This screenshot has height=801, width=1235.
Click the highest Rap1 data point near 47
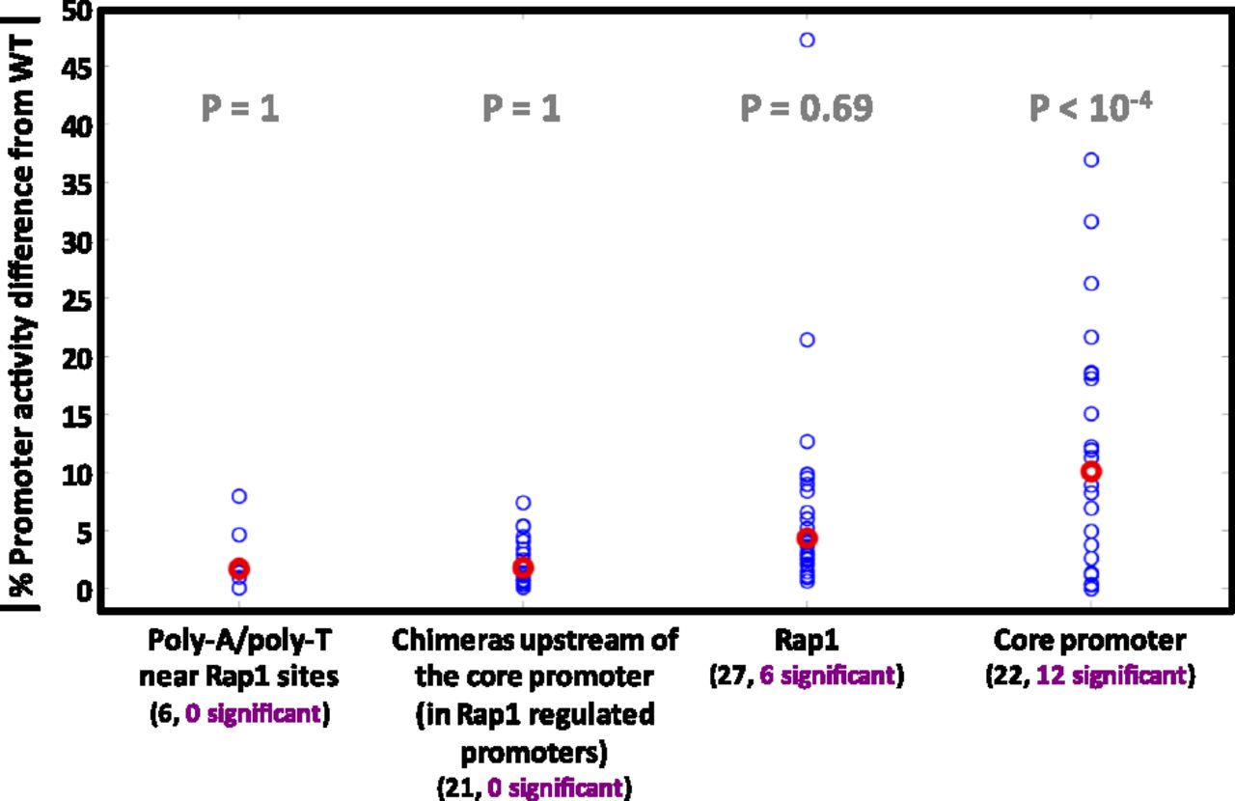pyautogui.click(x=807, y=40)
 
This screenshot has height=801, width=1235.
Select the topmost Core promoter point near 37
pyautogui.click(x=1091, y=160)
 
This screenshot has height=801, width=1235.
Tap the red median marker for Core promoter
pyautogui.click(x=1091, y=471)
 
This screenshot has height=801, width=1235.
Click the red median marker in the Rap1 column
pyautogui.click(x=807, y=538)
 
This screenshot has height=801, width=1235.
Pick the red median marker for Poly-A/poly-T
pyautogui.click(x=239, y=568)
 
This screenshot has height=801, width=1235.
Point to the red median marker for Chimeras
pyautogui.click(x=523, y=567)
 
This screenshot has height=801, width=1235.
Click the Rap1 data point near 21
pyautogui.click(x=807, y=340)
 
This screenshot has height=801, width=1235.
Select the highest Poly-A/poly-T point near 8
pyautogui.click(x=239, y=496)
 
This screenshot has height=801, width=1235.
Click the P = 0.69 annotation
pyautogui.click(x=807, y=109)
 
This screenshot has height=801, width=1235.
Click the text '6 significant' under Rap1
pyautogui.click(x=829, y=675)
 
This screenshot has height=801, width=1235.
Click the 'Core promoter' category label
pyautogui.click(x=1090, y=641)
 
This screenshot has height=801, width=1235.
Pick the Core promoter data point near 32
pyautogui.click(x=1091, y=222)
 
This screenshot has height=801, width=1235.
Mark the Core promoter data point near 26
pyautogui.click(x=1091, y=284)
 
